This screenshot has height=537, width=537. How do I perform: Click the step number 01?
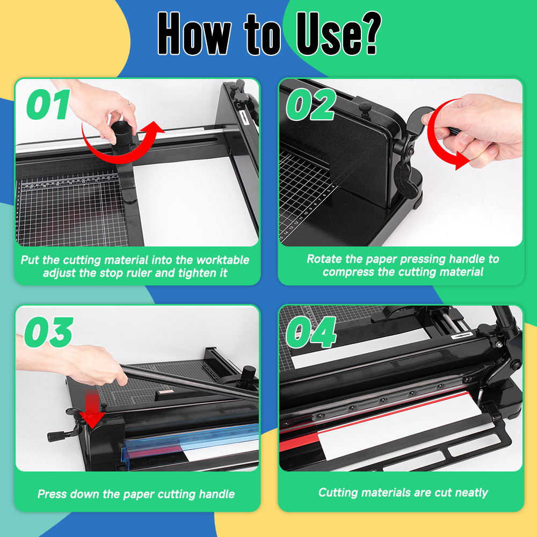click(48, 105)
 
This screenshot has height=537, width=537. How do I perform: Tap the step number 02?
click(311, 105)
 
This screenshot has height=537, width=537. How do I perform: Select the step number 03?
click(49, 332)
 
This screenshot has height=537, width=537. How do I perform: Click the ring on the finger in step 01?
click(129, 103)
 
